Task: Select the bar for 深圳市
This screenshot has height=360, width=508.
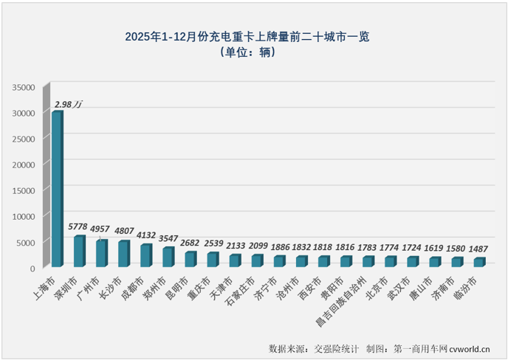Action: (x=79, y=252)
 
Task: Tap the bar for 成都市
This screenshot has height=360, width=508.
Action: (x=145, y=255)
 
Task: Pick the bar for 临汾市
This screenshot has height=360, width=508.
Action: (x=478, y=262)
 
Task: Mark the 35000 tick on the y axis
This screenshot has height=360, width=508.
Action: (x=24, y=87)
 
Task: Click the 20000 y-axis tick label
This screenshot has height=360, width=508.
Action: (x=24, y=165)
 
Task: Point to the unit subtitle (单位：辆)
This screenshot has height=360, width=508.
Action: (x=253, y=52)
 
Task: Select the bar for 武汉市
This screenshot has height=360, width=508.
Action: (x=412, y=261)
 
